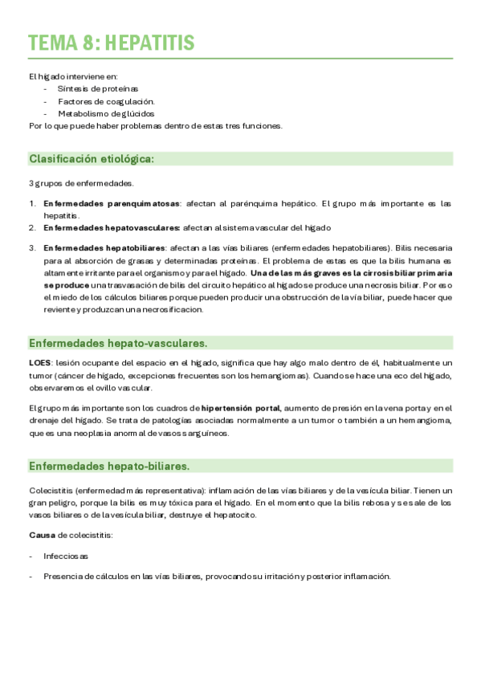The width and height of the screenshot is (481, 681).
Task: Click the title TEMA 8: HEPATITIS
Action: click(x=111, y=43)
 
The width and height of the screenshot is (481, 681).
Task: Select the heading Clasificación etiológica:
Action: click(x=92, y=159)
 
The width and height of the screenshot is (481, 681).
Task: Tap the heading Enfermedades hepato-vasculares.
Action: click(x=118, y=343)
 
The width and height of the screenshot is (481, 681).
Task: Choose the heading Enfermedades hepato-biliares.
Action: click(x=109, y=466)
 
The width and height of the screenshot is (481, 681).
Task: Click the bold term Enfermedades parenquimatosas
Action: click(x=112, y=204)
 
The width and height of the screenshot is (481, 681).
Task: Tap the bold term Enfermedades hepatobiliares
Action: click(x=104, y=248)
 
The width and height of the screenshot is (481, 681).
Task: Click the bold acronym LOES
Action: click(x=40, y=364)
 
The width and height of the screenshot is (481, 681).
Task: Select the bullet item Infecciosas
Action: click(x=66, y=556)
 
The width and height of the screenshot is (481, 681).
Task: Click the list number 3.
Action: click(x=31, y=248)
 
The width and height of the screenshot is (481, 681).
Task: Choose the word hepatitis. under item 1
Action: click(x=62, y=215)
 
